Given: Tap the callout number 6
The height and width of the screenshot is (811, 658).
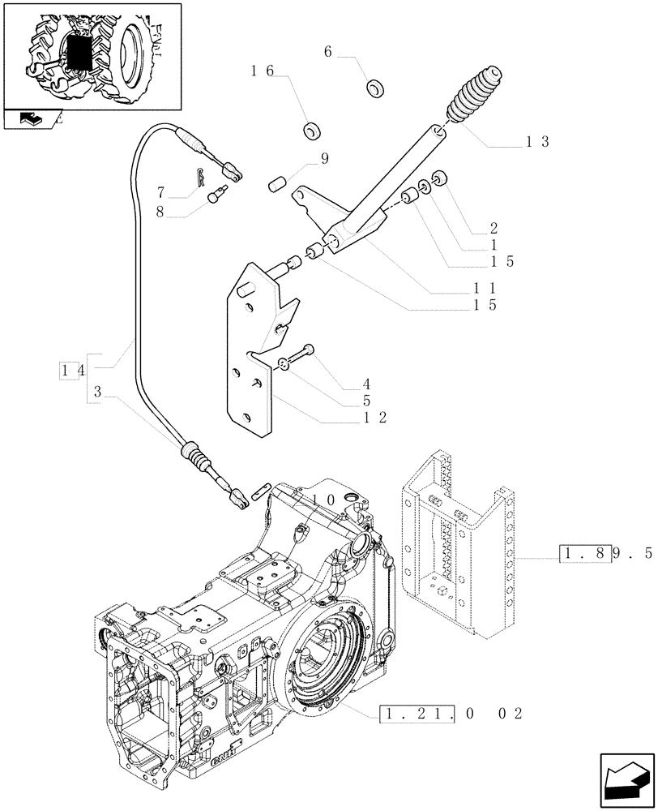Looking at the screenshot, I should coord(328,51).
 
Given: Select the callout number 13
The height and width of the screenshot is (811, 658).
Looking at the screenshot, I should coord(537,141).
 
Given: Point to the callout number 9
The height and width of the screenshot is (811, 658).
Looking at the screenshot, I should coord(324,160).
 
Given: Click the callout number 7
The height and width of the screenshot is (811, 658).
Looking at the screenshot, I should coord(161,192).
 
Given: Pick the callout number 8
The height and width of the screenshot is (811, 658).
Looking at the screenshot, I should coord(161,211).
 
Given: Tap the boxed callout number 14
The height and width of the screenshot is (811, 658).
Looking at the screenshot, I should coord(71,371).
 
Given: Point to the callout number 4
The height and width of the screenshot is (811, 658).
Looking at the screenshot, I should coord(367,384).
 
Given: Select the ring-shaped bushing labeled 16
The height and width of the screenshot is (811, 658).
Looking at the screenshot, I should coord(311,130).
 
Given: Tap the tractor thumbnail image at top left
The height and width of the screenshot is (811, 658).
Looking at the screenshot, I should coord(92,54).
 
